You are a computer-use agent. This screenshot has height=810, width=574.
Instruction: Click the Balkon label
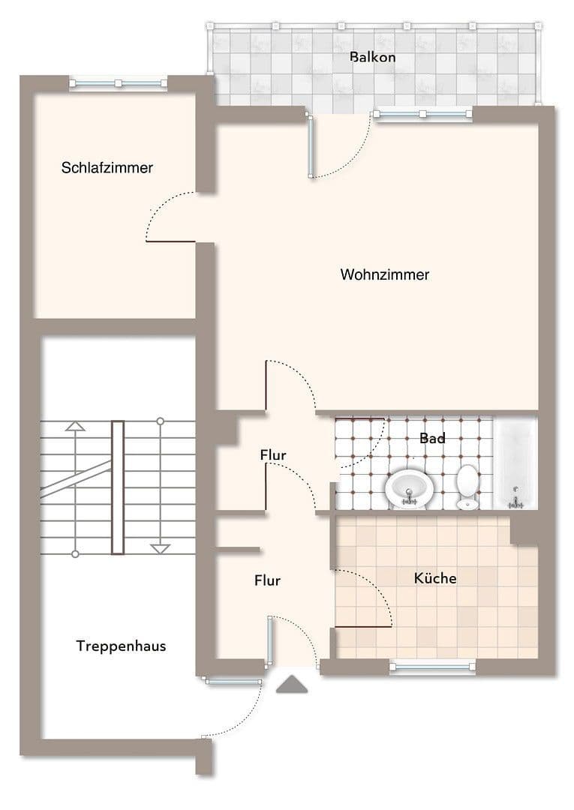372,57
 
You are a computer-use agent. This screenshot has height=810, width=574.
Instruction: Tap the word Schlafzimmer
107,167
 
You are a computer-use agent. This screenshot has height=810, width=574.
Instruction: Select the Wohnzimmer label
385,274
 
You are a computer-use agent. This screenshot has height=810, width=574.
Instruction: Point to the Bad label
432,438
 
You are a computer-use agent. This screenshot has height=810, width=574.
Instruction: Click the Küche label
435,578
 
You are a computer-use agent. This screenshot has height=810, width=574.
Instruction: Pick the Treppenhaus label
121,646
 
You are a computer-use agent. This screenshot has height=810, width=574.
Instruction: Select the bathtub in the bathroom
515,463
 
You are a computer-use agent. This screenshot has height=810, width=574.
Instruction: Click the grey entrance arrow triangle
292,684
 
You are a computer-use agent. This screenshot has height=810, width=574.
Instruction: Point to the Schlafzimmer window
119,82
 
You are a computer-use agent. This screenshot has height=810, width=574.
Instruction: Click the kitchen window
432,665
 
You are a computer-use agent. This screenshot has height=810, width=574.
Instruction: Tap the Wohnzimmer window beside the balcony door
422,114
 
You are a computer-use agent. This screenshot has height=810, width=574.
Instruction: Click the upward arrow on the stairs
75,426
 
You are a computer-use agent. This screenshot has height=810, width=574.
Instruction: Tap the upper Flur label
273,454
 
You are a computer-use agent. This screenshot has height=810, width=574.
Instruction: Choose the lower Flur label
267,580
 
